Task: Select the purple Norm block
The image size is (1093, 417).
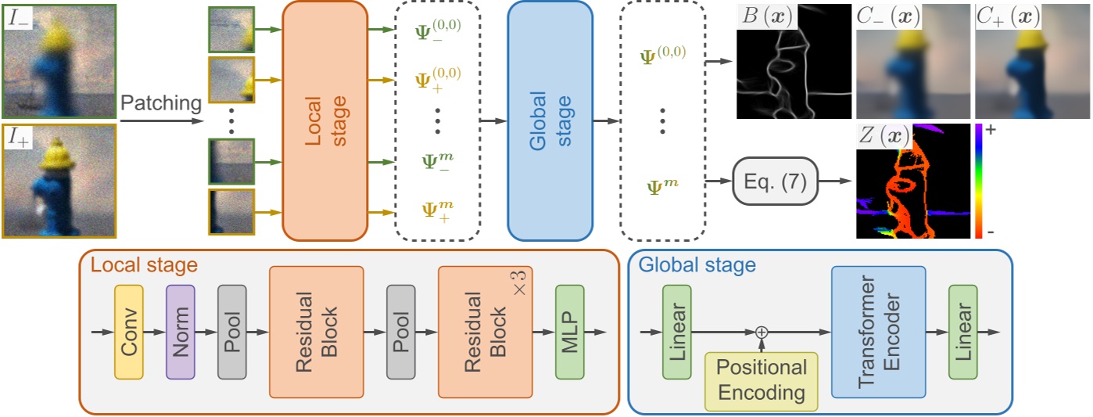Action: tap(181, 332)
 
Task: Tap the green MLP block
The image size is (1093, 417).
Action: tap(570, 332)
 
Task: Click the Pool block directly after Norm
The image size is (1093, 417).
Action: tap(231, 332)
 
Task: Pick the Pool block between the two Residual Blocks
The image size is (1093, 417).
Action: tap(400, 332)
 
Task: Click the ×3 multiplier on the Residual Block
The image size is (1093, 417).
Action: tap(518, 283)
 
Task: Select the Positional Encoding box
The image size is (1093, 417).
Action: tap(762, 380)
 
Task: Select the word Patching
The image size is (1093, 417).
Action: tap(160, 102)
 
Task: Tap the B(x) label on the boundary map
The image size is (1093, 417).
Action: tap(766, 16)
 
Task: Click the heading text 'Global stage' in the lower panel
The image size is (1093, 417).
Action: tap(697, 264)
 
